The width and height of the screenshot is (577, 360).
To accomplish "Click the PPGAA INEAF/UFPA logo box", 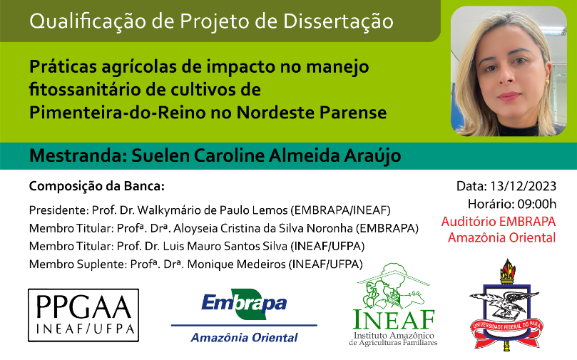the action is [x=83, y=315].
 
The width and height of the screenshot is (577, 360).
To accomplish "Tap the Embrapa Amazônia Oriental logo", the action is [x=244, y=316].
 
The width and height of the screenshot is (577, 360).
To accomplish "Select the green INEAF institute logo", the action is [x=394, y=305].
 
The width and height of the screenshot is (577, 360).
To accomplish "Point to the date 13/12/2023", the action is [x=523, y=186].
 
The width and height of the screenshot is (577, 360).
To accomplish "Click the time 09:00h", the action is [x=537, y=204].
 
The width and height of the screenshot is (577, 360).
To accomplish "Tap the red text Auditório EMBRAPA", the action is [x=499, y=222].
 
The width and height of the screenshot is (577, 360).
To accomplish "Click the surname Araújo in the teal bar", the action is [x=372, y=155].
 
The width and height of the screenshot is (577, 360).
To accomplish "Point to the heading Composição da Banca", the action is [x=97, y=186].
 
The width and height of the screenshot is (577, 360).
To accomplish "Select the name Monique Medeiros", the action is [x=237, y=264].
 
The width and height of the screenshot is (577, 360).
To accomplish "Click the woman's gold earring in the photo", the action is [x=547, y=82].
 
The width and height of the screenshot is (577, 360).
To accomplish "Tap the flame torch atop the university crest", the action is [x=507, y=271].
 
